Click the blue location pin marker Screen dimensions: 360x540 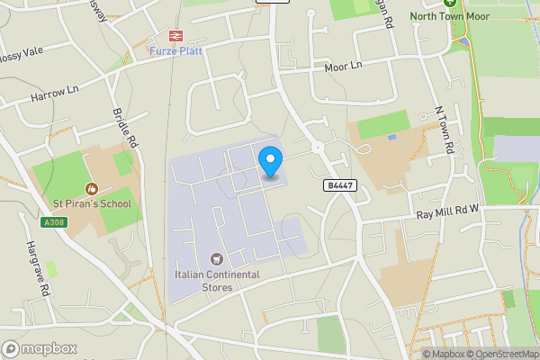pyautogui.click(x=270, y=161)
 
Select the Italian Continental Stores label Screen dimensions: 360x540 pyautogui.click(x=217, y=281)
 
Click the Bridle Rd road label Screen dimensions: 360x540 pyautogui.click(x=125, y=128)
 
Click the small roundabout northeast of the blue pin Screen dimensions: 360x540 pyautogui.click(x=317, y=147)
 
